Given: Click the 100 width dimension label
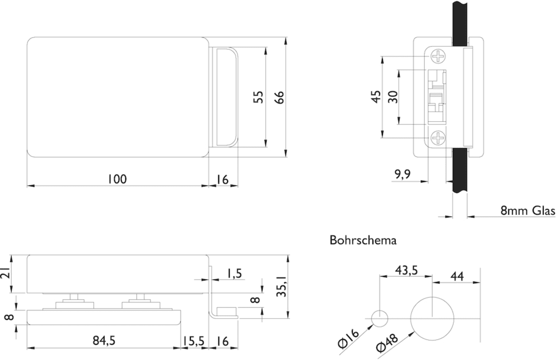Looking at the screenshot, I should [x=117, y=179].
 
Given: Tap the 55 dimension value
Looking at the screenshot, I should [x=258, y=97].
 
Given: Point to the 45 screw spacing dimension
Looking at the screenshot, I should [x=376, y=97].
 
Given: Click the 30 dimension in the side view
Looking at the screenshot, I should [x=393, y=97].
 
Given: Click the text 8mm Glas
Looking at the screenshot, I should [x=528, y=210].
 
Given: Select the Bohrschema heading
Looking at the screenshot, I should [x=363, y=240].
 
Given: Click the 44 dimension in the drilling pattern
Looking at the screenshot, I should [x=457, y=275].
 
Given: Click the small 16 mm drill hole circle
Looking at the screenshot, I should [x=380, y=319].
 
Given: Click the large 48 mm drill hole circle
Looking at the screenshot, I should [x=432, y=319].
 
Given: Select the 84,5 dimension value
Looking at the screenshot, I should [x=104, y=341].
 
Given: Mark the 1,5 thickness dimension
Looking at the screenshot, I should [x=234, y=273].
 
